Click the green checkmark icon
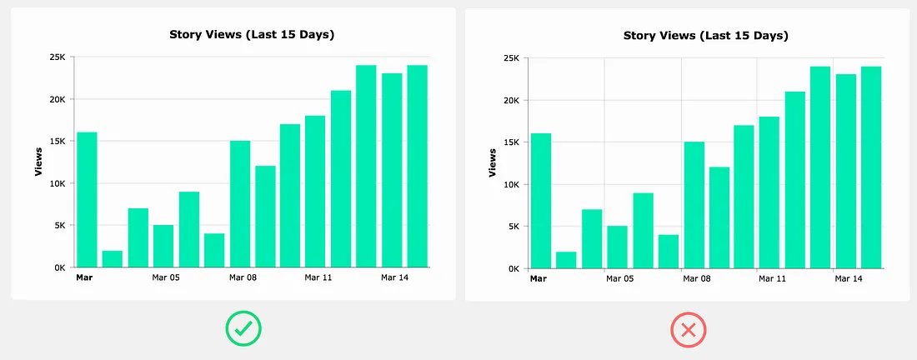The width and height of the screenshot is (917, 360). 243,331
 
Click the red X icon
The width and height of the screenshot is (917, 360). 689,331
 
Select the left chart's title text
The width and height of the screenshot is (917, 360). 252,34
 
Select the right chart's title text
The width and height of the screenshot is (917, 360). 705,35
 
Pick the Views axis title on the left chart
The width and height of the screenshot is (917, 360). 38,162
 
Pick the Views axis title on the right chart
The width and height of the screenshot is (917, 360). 492,162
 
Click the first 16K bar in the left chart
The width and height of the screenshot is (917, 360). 87,200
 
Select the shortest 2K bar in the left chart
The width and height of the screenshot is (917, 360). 113,258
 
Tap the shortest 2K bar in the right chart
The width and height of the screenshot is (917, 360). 566,259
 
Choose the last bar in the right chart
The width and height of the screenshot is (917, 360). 871,167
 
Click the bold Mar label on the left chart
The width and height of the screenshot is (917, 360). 84,277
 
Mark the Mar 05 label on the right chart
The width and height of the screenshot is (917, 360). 619,278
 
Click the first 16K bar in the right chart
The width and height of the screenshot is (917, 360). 540,201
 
